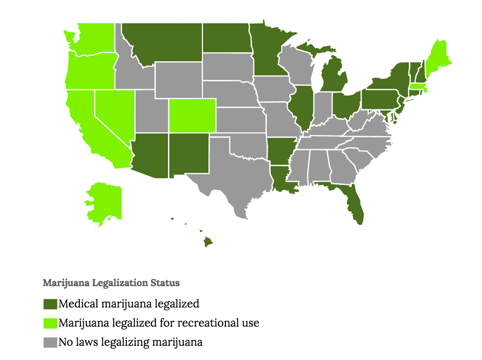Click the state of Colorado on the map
pos(192,115)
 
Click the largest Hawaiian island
pos(208,241)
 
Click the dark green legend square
pos(50,304)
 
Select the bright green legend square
pos(50,323)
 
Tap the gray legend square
pos(50,343)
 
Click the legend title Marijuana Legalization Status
pos(111,283)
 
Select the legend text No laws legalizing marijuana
pos(131,343)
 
